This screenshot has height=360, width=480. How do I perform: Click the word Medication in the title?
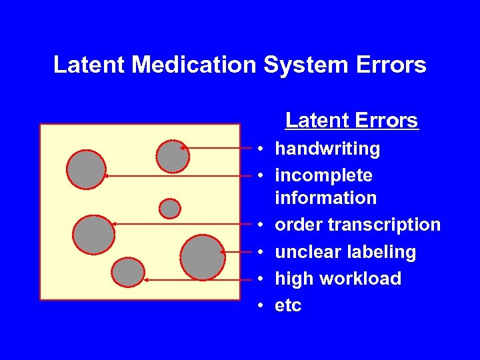(x=194, y=65)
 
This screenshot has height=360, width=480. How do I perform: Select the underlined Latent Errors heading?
(x=351, y=121)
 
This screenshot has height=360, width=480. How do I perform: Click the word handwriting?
(x=327, y=149)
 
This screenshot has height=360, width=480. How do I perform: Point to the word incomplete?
(x=324, y=175)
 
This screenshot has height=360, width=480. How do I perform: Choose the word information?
(x=326, y=198)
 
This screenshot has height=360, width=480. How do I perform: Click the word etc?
(x=288, y=306)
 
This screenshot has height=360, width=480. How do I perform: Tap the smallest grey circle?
(x=170, y=209)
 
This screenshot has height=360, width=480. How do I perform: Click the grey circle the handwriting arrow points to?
(x=173, y=156)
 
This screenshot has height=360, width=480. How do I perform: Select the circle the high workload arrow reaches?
(x=128, y=272)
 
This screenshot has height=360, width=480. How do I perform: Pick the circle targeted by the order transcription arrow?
(x=93, y=235)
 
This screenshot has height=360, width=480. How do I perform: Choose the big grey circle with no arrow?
(x=203, y=257)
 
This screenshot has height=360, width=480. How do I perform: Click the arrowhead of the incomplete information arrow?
(x=106, y=176)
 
